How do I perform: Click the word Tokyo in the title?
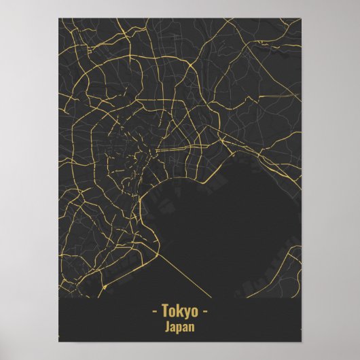click(180, 312)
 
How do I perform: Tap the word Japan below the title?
click(180, 327)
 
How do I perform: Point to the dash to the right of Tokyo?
click(206, 313)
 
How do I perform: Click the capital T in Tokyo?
click(166, 312)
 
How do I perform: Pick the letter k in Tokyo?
click(179, 312)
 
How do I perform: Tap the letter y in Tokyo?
click(187, 314)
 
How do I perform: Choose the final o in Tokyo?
click(194, 313)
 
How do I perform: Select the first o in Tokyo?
click(173, 313)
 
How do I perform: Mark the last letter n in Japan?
click(193, 327)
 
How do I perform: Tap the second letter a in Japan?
click(186, 327)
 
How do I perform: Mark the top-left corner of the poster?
click(59, 19)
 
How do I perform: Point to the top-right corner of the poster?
click(301, 19)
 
